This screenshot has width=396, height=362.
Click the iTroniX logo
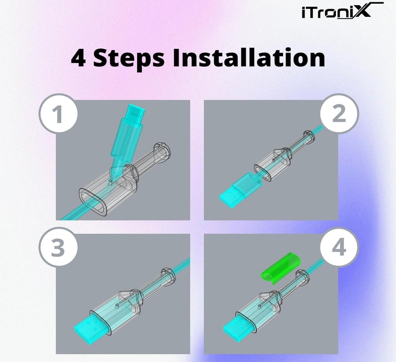[x=339, y=11]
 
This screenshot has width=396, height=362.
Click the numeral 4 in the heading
[x=78, y=58]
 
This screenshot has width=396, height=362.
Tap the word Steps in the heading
[x=129, y=59]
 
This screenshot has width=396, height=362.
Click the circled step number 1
[x=58, y=114]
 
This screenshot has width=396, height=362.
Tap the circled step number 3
[x=58, y=248]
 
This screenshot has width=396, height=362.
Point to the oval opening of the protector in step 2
[x=263, y=173]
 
